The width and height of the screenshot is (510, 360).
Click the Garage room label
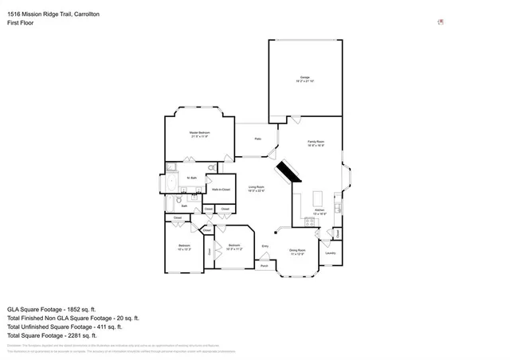point(305,79)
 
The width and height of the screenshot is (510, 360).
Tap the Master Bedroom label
point(199,134)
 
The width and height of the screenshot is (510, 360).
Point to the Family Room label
point(316,143)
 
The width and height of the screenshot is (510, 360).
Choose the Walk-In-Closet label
point(222,190)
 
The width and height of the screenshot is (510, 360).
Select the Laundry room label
point(330,253)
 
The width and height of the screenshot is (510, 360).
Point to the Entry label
point(265,247)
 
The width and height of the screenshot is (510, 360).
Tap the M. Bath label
point(192,178)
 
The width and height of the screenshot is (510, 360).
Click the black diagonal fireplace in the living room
point(285,174)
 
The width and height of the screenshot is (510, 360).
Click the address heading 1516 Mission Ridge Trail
point(48,14)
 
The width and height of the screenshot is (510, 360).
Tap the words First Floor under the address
point(22,24)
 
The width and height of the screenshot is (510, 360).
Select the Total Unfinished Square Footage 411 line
point(64,327)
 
